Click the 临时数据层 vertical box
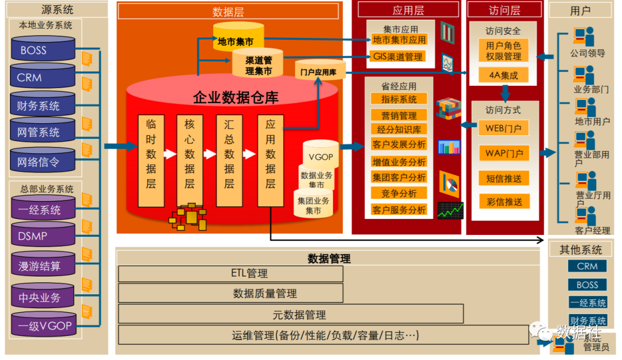(x=151, y=161)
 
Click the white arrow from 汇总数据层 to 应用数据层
(x=249, y=154)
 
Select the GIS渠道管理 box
(x=398, y=56)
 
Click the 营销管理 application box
(x=399, y=115)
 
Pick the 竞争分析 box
(x=399, y=194)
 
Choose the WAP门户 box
(x=504, y=153)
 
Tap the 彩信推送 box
(x=504, y=202)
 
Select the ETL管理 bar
(x=230, y=274)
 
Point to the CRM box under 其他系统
(x=587, y=266)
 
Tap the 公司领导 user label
(x=587, y=53)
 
